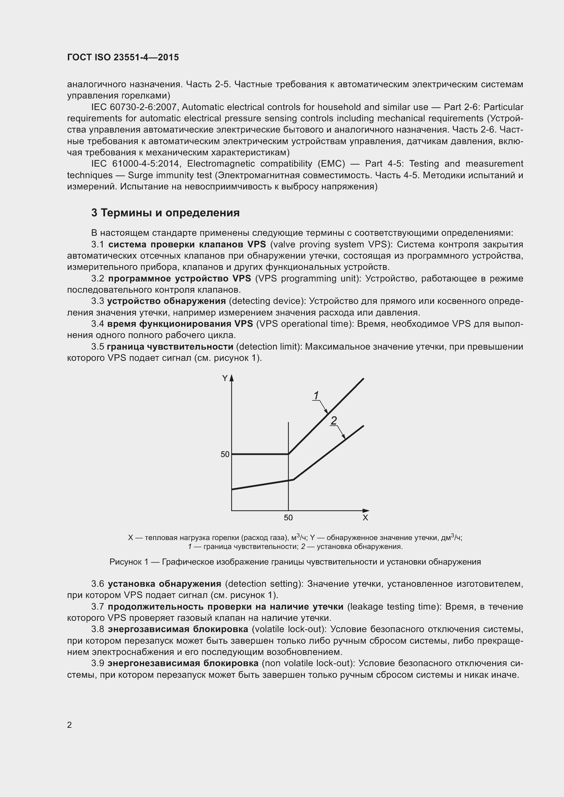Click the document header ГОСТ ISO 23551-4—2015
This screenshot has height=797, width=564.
(x=123, y=57)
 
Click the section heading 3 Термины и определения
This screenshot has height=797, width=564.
(x=165, y=212)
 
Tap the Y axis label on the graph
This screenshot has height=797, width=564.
(x=225, y=378)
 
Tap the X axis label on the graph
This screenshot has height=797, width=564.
(x=365, y=518)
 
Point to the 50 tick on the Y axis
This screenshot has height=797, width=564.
(x=225, y=454)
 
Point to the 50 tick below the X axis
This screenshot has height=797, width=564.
(x=288, y=518)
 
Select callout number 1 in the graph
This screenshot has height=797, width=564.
(x=316, y=395)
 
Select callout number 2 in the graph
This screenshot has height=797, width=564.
(x=334, y=420)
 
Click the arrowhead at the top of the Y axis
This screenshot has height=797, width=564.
(x=232, y=377)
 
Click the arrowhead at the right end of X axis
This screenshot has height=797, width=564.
(x=366, y=511)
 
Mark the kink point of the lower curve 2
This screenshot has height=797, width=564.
(x=294, y=480)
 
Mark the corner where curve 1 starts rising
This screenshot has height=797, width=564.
(x=288, y=454)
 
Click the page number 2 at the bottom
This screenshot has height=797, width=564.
(x=70, y=725)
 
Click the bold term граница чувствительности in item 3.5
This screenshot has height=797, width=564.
(x=170, y=347)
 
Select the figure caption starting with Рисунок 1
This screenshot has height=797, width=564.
(x=295, y=562)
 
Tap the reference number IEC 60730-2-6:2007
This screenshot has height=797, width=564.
(x=134, y=107)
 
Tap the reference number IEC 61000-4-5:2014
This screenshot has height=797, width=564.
(x=134, y=164)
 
